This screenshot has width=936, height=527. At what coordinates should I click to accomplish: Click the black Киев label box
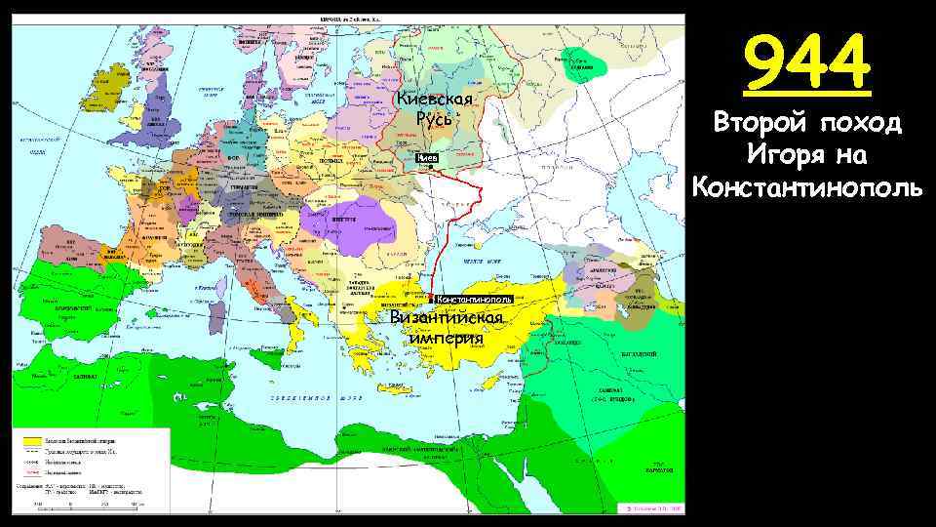click(428, 158)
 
